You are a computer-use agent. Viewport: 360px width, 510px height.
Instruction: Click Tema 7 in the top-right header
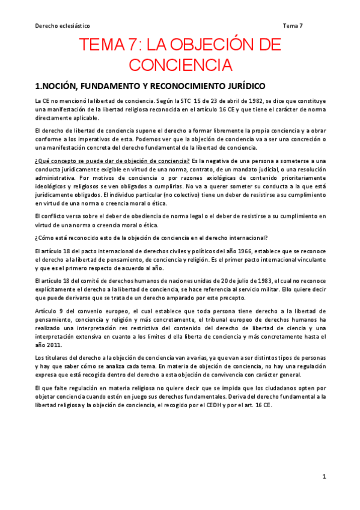tap(293, 26)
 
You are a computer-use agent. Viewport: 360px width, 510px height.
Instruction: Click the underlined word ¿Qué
tap(43, 162)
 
